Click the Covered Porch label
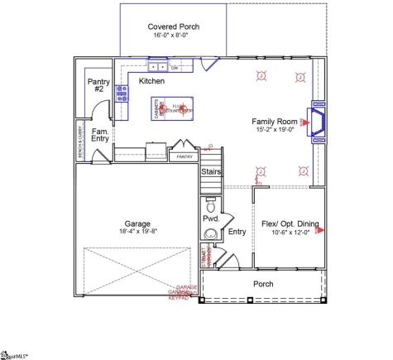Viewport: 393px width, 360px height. pyautogui.click(x=173, y=27)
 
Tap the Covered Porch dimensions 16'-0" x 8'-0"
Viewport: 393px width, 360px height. pyautogui.click(x=173, y=36)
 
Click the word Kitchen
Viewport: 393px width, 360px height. pyautogui.click(x=151, y=81)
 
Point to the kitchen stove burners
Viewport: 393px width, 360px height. pyautogui.click(x=122, y=94)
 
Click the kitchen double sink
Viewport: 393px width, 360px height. pyautogui.click(x=157, y=66)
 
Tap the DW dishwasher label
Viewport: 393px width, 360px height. pyautogui.click(x=175, y=67)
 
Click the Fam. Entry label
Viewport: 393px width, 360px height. pyautogui.click(x=101, y=136)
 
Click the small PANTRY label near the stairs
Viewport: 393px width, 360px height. pyautogui.click(x=185, y=156)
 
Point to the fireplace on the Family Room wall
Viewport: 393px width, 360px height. pyautogui.click(x=317, y=123)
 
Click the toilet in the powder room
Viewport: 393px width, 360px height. pyautogui.click(x=210, y=202)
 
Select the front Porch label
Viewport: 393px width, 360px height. pyautogui.click(x=264, y=284)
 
